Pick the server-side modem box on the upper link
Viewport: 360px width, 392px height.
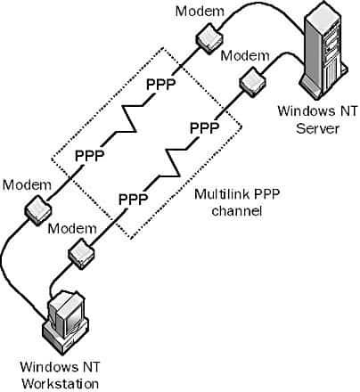pyautogui.click(x=209, y=36)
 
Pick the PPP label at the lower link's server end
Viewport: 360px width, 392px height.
pyautogui.click(x=204, y=127)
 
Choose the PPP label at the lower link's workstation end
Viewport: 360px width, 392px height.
pyautogui.click(x=133, y=197)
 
